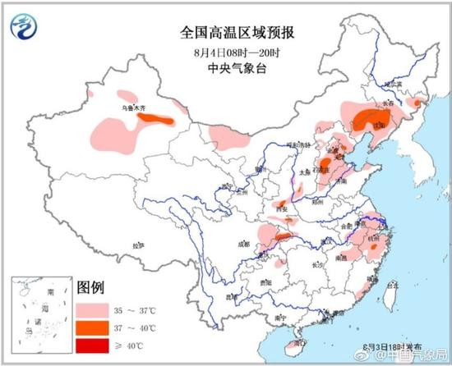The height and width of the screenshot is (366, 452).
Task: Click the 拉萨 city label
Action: (138, 245)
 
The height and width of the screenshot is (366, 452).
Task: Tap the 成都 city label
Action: (243, 243)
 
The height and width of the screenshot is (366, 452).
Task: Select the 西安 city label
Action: (285, 210)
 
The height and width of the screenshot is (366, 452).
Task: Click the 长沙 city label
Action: (317, 264)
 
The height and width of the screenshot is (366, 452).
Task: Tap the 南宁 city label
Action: (282, 316)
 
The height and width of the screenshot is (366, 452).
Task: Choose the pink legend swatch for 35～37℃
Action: (94, 311)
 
